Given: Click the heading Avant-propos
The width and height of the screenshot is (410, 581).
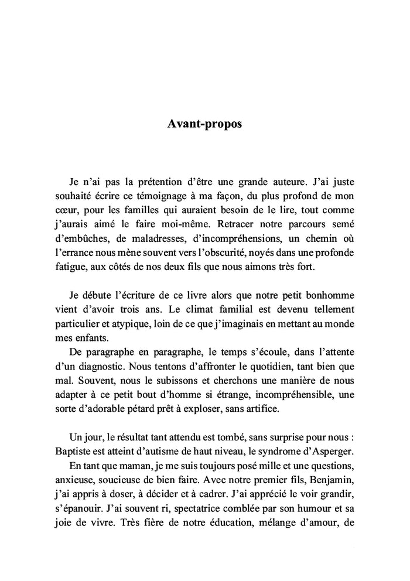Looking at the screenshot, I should [x=205, y=125].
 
